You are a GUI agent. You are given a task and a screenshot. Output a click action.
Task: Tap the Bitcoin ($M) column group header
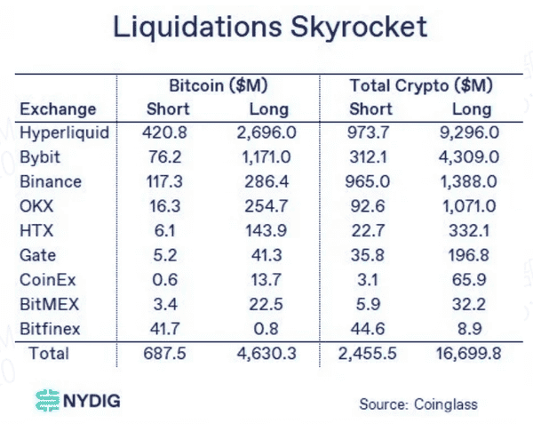(219, 86)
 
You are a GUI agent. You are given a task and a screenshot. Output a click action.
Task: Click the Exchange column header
(58, 109)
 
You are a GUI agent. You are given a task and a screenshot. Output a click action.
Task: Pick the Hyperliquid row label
(63, 132)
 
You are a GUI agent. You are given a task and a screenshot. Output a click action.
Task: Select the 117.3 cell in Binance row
(161, 181)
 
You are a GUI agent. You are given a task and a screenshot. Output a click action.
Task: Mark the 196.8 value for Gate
(472, 255)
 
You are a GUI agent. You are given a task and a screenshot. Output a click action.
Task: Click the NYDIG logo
(76, 401)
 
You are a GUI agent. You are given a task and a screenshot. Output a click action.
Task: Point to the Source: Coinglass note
(418, 404)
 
